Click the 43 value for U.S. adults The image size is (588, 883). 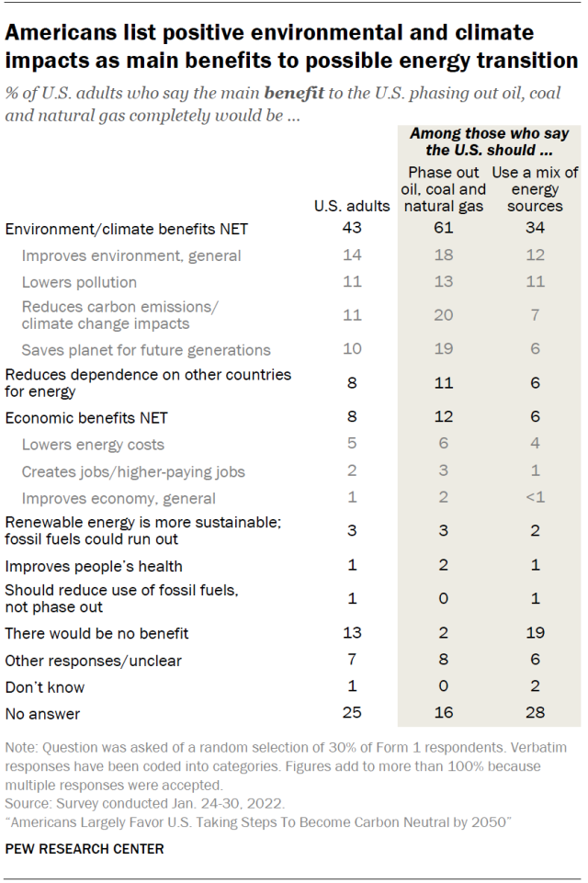(x=352, y=228)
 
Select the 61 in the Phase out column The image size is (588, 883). (x=444, y=228)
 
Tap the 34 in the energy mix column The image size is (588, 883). (x=535, y=228)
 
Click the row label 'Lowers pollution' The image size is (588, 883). (x=79, y=282)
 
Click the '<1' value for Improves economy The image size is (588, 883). (x=535, y=498)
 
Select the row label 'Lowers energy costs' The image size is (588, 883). (x=93, y=445)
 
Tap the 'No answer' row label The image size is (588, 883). (x=42, y=713)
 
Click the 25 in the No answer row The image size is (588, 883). (x=352, y=713)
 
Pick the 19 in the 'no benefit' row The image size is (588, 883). (x=535, y=632)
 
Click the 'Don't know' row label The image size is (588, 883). (x=45, y=686)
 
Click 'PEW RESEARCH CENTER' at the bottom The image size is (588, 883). (x=85, y=849)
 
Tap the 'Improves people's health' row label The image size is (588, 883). (x=94, y=565)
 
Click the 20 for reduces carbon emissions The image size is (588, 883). (x=444, y=315)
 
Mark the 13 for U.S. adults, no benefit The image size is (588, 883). (x=352, y=632)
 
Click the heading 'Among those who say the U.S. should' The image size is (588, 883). (x=489, y=141)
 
